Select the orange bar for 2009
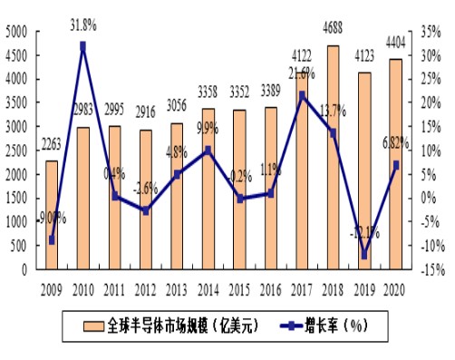[x=52, y=215]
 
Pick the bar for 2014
[x=208, y=189]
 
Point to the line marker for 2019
[x=364, y=255]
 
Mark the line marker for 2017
[x=302, y=94]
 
